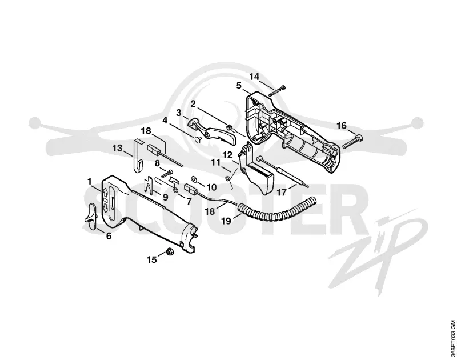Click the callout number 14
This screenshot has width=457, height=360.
[x=254, y=77]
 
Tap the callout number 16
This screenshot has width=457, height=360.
[x=342, y=126]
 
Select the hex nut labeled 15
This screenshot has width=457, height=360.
[x=169, y=251]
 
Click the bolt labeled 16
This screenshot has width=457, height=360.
[x=353, y=141]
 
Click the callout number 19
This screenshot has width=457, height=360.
[x=226, y=221]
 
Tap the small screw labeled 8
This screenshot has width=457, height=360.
[x=167, y=174]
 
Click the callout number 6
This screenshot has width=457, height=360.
[x=109, y=236]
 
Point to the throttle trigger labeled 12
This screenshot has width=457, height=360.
[x=254, y=169]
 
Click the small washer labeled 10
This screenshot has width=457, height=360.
[x=193, y=178]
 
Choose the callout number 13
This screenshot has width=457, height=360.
[x=118, y=148]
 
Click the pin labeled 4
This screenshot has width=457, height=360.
[x=197, y=140]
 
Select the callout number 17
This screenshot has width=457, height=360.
[x=282, y=193]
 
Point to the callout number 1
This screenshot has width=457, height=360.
[x=90, y=182]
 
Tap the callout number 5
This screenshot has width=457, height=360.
[x=239, y=86]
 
